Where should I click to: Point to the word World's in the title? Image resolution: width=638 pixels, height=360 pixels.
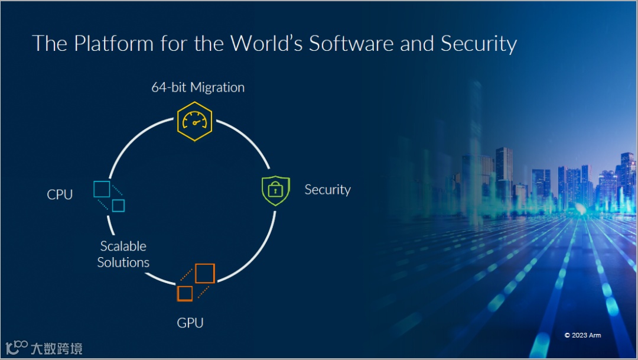coord(267,44)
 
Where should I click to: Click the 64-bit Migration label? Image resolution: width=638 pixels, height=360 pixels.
coord(198,87)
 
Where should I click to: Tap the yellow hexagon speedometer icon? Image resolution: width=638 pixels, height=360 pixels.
coord(194,121)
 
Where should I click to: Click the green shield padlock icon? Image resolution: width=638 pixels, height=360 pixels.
coord(275,190)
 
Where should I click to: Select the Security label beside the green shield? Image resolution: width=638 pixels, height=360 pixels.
coord(327,190)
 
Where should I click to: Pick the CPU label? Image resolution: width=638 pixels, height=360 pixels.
coord(60,194)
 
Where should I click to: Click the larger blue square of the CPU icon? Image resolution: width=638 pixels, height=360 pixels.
coord(102,189)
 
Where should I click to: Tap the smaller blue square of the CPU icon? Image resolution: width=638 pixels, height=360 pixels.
coord(119,205)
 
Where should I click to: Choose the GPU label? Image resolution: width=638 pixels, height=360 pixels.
coord(190,323)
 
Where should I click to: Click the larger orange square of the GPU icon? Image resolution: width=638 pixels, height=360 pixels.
coord(204,273)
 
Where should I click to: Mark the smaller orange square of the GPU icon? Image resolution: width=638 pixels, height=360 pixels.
coord(185,293)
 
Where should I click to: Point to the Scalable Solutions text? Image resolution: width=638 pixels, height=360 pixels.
coord(123,254)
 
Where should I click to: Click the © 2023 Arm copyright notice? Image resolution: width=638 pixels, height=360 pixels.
coord(582,335)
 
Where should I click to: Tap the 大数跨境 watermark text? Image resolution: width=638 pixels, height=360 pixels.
coord(56,348)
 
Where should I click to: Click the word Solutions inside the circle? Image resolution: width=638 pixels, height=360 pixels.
coord(123,262)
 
